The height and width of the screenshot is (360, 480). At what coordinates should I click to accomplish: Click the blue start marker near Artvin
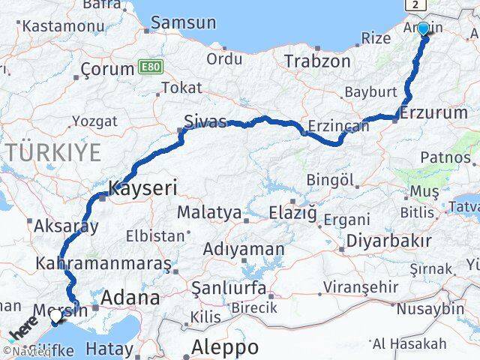(423, 29)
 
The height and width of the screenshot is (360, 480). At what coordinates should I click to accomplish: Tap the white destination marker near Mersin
(55, 318)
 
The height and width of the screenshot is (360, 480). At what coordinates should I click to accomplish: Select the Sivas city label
(205, 121)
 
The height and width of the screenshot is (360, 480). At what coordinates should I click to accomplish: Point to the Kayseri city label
(142, 188)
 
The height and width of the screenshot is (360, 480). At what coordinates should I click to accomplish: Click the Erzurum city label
(433, 113)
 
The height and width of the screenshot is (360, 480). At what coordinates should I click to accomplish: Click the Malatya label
(209, 213)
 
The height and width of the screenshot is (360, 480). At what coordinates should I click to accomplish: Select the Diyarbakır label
(388, 241)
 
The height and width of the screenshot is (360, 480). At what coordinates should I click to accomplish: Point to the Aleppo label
(224, 347)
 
